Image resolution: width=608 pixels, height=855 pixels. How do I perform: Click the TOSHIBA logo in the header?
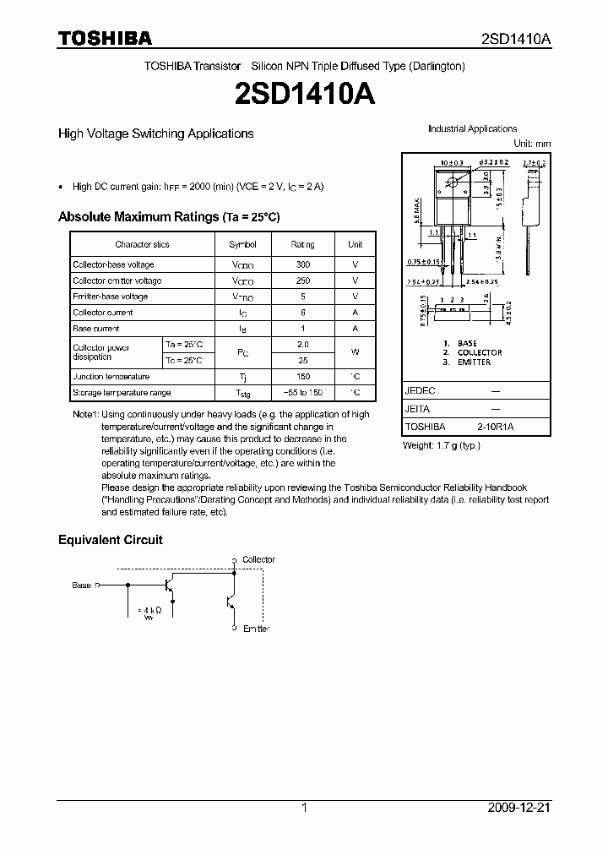(x=105, y=39)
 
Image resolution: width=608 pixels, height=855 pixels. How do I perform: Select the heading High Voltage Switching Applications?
(x=155, y=133)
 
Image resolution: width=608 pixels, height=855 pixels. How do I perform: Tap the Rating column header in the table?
(x=303, y=244)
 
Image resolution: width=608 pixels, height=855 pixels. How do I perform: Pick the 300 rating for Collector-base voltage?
(x=303, y=264)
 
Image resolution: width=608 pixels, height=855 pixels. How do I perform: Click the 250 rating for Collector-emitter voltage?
(x=303, y=280)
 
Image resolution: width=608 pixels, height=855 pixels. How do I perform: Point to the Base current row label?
(x=96, y=329)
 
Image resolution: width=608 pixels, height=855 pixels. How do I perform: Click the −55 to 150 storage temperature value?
(x=303, y=393)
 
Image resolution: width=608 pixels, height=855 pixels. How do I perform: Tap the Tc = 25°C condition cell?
(x=183, y=361)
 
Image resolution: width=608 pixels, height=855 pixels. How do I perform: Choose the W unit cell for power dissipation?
(x=356, y=352)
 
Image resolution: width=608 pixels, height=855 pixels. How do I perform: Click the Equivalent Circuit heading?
(x=110, y=540)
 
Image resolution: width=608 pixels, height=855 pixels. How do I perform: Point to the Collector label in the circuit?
(x=258, y=559)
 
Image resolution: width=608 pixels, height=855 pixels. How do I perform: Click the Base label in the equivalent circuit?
(x=81, y=585)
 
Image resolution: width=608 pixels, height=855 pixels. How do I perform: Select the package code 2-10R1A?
(x=496, y=427)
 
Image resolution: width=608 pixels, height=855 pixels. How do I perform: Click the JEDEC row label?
(x=420, y=392)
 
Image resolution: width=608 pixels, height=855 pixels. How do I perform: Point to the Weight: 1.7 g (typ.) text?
(x=442, y=444)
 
